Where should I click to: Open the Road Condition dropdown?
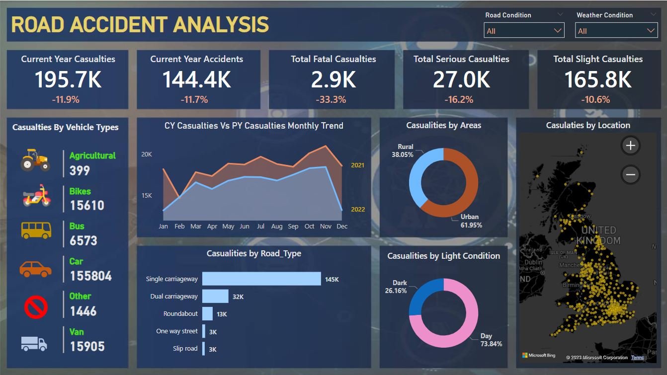tap(524, 31)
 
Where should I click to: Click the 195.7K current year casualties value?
tap(68, 79)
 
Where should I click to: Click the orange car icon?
tap(35, 269)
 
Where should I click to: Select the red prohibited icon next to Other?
tap(36, 307)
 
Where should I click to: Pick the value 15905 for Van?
tap(87, 346)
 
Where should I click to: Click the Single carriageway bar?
tap(261, 279)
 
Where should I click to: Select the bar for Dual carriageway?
tap(215, 297)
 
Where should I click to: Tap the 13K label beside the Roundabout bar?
tap(222, 314)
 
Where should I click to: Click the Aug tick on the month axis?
tap(277, 226)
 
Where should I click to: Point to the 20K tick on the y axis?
tap(147, 154)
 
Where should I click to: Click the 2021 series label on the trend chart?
tap(358, 165)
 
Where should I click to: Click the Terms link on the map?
tap(637, 358)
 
